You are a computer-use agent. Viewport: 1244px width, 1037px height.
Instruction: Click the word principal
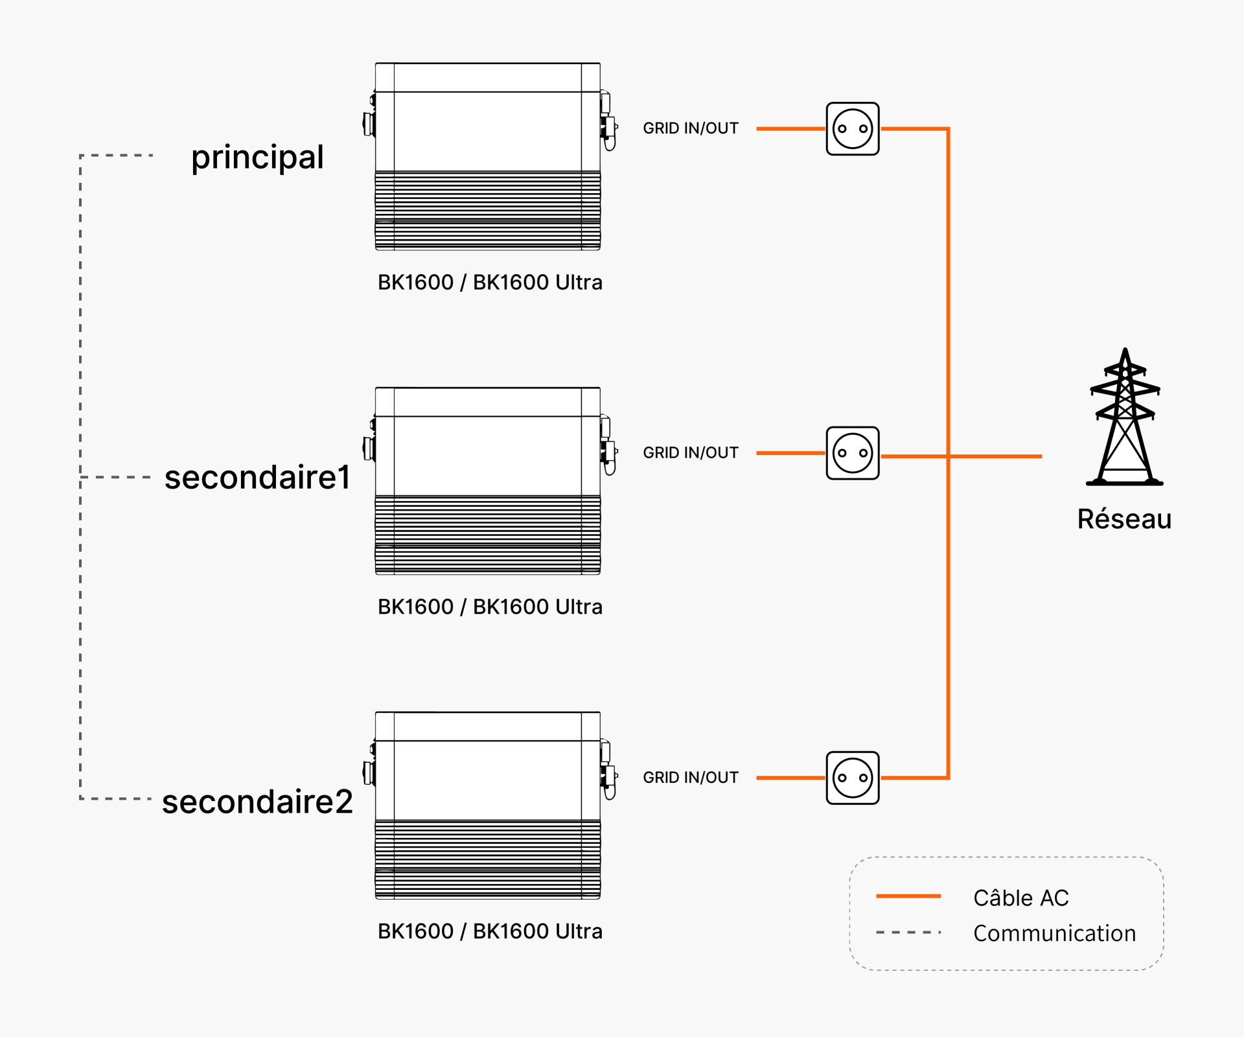pos(257,157)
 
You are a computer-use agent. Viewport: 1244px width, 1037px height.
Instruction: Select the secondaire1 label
pos(257,478)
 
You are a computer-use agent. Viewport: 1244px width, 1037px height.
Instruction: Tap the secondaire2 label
pos(257,802)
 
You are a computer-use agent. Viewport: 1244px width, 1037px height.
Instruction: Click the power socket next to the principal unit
pos(853,129)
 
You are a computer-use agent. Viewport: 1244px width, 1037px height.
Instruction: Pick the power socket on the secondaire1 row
pos(853,453)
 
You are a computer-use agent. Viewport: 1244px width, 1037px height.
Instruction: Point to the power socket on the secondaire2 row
pos(853,778)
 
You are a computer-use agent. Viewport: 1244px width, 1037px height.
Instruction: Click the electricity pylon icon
pos(1125,417)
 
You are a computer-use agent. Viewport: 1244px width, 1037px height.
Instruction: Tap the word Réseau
pos(1125,519)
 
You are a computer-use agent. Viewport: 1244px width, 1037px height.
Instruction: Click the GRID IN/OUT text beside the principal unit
pos(691,128)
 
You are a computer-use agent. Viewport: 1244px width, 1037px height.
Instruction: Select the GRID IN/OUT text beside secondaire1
pos(691,452)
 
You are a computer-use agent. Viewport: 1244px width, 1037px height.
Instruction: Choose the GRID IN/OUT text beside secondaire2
pos(691,777)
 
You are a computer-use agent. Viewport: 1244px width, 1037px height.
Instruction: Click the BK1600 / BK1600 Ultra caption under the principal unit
pos(490,283)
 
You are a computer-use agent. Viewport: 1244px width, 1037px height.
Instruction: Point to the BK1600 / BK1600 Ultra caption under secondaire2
pos(490,931)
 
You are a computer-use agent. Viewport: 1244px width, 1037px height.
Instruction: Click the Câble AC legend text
pos(1021,898)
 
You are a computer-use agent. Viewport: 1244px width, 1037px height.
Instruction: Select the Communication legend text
pos(1055,933)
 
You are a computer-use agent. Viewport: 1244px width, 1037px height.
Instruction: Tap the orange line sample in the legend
pos(908,896)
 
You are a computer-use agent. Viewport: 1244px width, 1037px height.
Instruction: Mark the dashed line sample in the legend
pos(908,932)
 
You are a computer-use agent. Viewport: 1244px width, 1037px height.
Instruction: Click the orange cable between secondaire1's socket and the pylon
pos(962,456)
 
